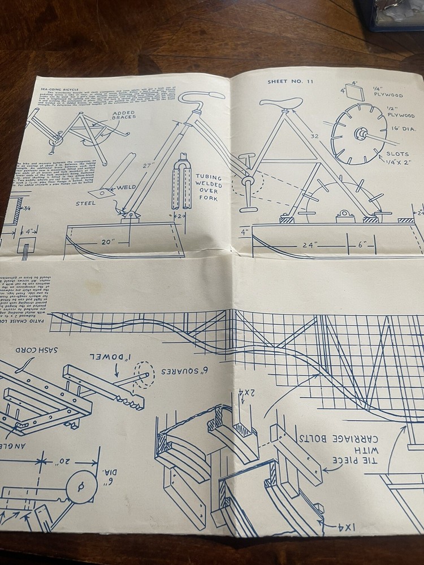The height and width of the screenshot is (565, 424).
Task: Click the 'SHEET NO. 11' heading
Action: click(291, 81)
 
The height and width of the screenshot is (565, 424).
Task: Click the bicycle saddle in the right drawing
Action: click(281, 102)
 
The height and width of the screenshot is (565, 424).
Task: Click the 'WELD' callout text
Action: click(127, 187)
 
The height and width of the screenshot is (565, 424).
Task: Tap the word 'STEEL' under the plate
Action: click(87, 204)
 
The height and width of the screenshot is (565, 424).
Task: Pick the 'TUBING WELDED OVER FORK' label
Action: click(209, 187)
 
